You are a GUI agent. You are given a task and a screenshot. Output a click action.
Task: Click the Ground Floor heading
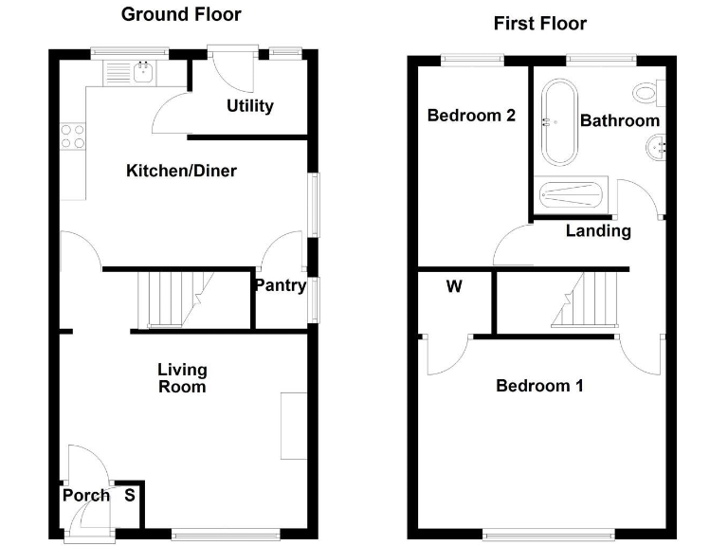click(x=181, y=14)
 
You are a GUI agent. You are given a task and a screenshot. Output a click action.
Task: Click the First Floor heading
click(x=540, y=23)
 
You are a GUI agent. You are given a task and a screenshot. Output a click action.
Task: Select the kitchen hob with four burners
click(x=72, y=136)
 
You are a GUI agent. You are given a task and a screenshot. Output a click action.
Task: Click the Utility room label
click(x=250, y=105)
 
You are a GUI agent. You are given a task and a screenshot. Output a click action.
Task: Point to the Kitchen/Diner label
click(x=181, y=171)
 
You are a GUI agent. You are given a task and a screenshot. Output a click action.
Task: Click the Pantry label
click(x=280, y=285)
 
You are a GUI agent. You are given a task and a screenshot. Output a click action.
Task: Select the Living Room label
click(x=182, y=378)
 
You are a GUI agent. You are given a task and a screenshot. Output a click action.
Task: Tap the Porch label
click(x=86, y=495)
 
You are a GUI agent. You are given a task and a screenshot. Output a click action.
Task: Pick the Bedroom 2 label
click(x=471, y=116)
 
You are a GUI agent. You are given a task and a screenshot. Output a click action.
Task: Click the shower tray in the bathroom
click(x=571, y=196)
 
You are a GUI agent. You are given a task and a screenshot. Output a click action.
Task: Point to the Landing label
click(x=598, y=230)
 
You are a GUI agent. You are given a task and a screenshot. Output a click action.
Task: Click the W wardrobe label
click(x=454, y=286)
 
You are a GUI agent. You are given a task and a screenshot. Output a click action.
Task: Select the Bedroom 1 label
click(x=539, y=386)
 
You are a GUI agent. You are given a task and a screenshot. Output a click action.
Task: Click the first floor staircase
click(x=582, y=299)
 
